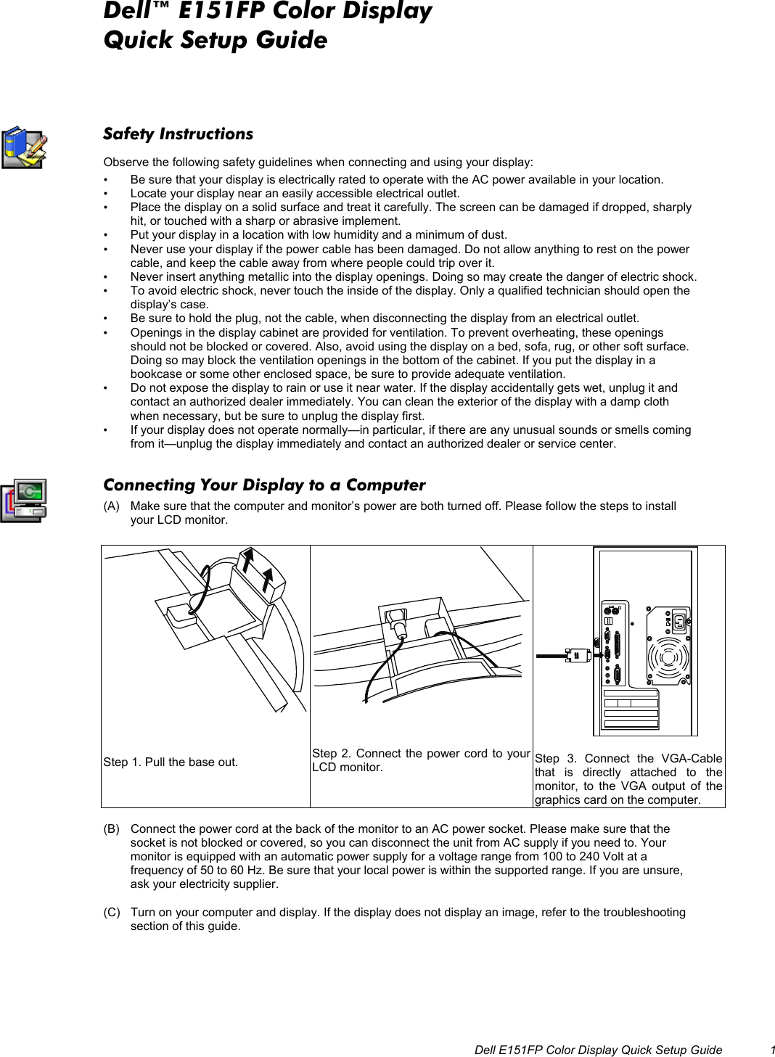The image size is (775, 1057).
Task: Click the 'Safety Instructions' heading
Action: click(178, 134)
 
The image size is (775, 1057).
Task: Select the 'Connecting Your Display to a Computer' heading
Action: click(264, 485)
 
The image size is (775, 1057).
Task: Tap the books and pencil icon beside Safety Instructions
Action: click(23, 147)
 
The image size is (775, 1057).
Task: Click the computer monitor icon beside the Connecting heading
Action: click(24, 500)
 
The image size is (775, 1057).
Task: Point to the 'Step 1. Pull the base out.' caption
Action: click(171, 762)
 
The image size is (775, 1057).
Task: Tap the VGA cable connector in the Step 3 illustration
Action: click(578, 655)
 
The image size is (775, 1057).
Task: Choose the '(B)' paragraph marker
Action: click(112, 828)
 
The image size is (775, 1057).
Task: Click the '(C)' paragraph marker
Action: click(112, 912)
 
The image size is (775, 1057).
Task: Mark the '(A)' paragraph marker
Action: click(112, 506)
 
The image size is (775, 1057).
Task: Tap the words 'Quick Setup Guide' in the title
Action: click(216, 40)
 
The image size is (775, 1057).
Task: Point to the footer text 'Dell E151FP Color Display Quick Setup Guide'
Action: click(598, 1050)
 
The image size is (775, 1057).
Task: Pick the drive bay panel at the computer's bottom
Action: click(631, 708)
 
